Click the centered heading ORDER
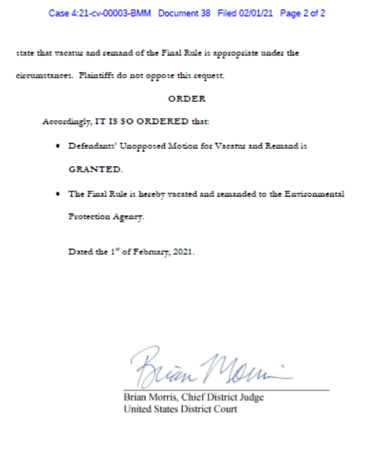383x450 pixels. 187,99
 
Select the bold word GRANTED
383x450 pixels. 95,169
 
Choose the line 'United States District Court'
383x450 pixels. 180,410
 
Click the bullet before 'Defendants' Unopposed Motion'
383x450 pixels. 59,146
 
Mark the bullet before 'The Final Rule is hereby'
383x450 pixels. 59,193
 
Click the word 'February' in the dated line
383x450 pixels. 154,253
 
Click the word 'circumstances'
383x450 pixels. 43,76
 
